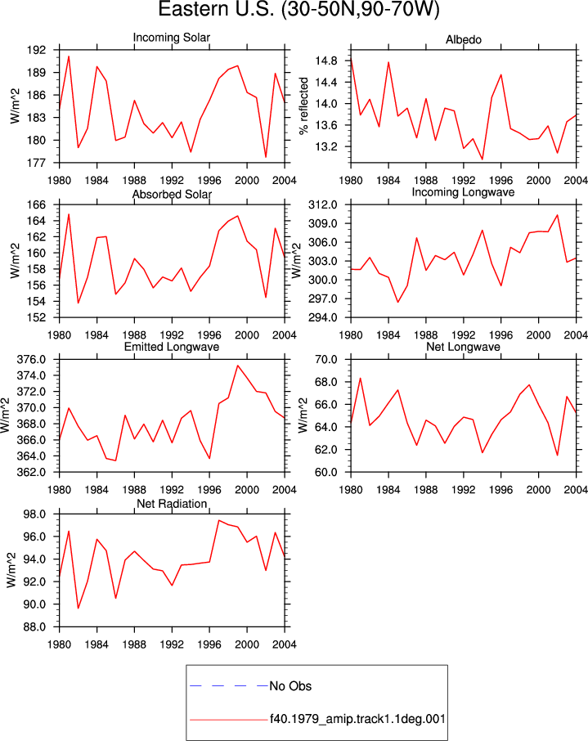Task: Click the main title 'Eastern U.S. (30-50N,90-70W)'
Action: [x=298, y=9]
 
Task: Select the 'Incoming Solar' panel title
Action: [x=172, y=38]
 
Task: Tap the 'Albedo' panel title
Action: [x=463, y=40]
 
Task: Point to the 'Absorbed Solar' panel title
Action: [x=172, y=194]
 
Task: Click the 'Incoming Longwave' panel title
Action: [x=463, y=192]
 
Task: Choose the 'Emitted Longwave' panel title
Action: [x=172, y=347]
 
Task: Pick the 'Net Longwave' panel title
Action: [x=463, y=347]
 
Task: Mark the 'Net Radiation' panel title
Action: [x=172, y=504]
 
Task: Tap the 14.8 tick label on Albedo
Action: [x=326, y=61]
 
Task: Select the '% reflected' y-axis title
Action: [x=303, y=106]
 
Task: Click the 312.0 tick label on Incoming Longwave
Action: [x=323, y=204]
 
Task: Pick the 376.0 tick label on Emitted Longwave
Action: [x=32, y=360]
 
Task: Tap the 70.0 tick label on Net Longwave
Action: [x=326, y=360]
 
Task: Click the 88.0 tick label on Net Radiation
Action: [x=35, y=627]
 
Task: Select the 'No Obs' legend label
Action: [x=290, y=686]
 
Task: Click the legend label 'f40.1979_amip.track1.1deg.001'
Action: [x=358, y=720]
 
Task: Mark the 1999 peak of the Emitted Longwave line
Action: [x=238, y=366]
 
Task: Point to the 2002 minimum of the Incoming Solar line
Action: [x=266, y=157]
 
